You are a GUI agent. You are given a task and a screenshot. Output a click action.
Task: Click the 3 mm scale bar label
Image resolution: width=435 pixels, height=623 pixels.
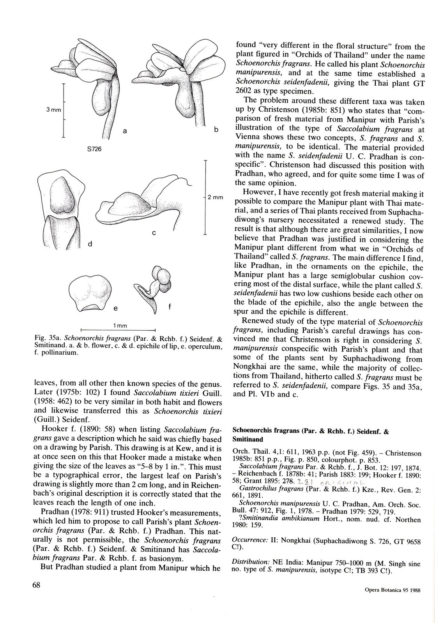click(x=53, y=110)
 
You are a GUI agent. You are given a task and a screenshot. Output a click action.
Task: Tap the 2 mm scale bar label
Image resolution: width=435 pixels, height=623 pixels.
click(x=215, y=198)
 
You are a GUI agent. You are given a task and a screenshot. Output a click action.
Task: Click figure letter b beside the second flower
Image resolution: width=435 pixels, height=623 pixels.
click(x=216, y=129)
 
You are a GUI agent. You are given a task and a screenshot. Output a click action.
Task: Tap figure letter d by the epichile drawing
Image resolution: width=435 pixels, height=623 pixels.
click(x=90, y=244)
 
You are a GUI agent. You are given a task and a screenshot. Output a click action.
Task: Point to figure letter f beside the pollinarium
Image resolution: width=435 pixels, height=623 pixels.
click(x=170, y=307)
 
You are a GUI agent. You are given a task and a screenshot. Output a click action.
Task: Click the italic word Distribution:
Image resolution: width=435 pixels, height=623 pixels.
click(x=250, y=562)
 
